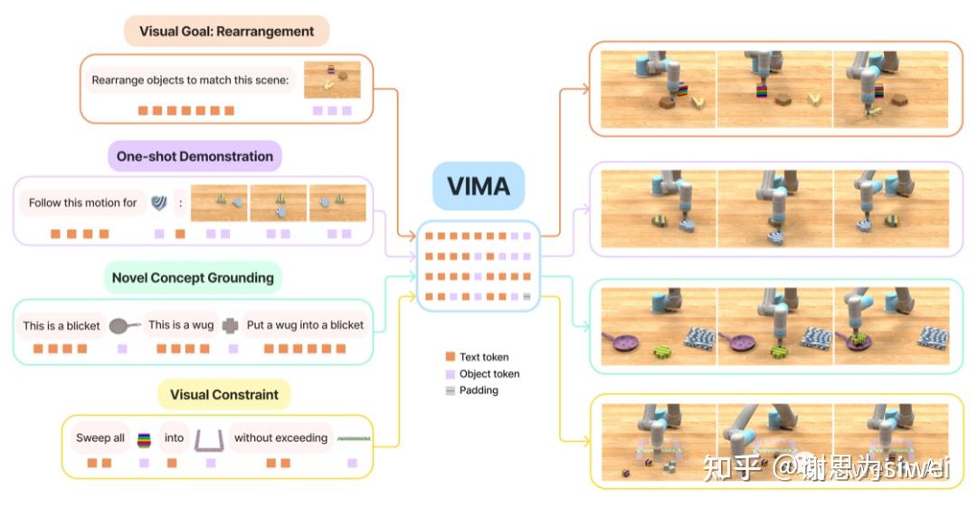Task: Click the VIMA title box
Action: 479,186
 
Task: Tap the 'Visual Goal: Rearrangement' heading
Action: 227,31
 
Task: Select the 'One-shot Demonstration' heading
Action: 195,156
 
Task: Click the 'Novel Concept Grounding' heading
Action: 194,277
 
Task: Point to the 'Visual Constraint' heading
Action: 224,394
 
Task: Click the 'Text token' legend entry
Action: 478,357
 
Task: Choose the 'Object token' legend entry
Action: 482,374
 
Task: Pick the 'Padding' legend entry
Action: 471,390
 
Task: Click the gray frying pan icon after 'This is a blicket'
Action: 124,326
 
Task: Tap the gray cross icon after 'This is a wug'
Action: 231,326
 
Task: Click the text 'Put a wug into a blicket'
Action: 306,325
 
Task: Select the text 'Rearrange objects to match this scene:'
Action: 190,80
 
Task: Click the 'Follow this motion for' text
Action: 83,203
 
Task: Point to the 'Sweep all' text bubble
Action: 100,437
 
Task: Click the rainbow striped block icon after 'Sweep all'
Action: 145,440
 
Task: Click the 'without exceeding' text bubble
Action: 281,437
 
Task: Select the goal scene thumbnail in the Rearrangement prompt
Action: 332,79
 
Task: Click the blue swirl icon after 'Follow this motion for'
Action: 159,202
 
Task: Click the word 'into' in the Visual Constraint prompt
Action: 174,437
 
